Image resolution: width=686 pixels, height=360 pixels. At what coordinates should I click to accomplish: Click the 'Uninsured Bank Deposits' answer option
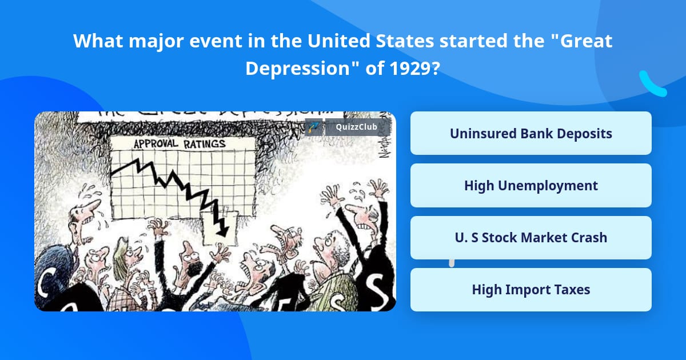pos(531,133)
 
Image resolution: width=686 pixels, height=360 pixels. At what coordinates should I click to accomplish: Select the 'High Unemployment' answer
pos(531,186)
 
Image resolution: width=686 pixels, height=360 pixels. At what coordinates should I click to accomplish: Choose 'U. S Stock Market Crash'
pos(531,238)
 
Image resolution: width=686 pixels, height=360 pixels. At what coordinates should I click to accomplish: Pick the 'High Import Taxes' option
pos(531,290)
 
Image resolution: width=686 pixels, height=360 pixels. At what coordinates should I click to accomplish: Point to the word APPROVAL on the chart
pos(157,144)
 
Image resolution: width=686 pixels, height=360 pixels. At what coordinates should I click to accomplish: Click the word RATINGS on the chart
pos(204,144)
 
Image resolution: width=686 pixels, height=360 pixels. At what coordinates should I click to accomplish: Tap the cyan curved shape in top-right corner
pos(652,85)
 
